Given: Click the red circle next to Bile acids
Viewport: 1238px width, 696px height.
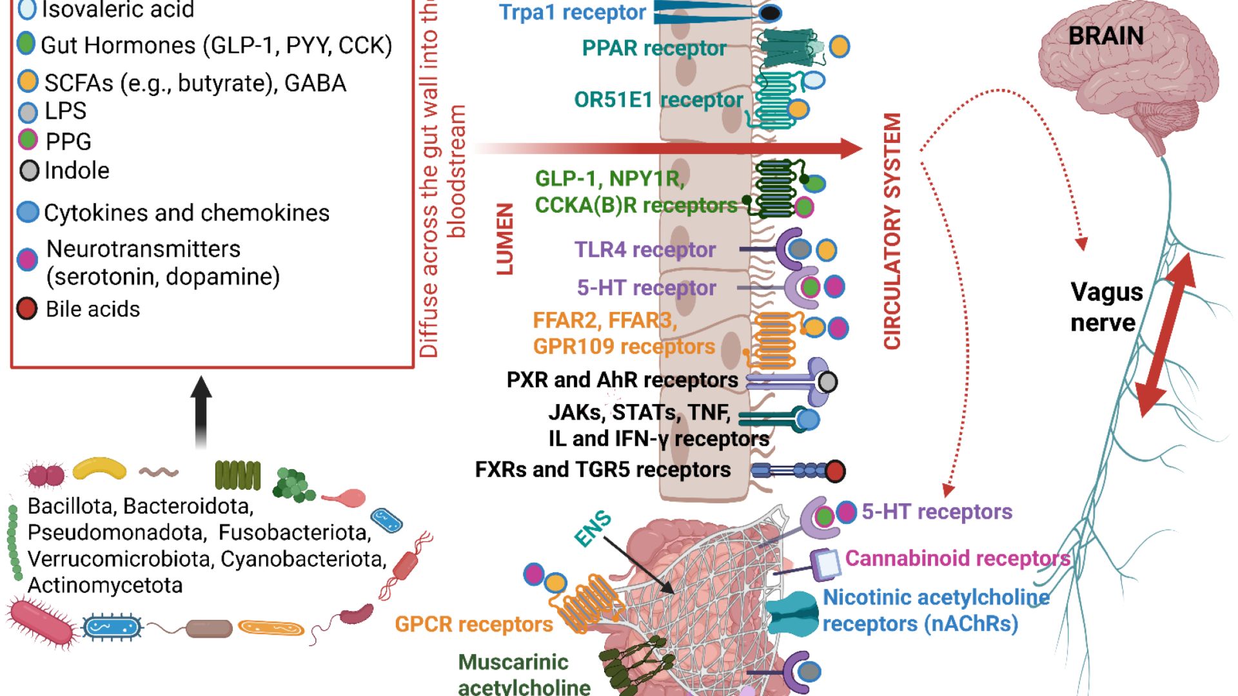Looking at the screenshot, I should pos(27,309).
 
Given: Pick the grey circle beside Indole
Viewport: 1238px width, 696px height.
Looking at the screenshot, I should pos(30,171).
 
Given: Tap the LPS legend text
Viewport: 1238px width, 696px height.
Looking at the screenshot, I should pos(65,111).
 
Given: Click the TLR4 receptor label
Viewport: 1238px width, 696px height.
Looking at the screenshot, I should pos(645,249).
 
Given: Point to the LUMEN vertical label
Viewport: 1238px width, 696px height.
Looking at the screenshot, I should pos(505,239).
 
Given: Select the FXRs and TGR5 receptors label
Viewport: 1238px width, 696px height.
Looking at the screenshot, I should pos(603,469).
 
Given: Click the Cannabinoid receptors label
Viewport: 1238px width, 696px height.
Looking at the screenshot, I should pos(958,558).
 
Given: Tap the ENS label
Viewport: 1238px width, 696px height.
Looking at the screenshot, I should pos(593,528).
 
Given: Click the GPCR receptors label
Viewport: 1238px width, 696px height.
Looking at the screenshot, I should pos(474,624).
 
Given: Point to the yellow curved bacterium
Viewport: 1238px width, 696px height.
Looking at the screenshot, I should pos(99,469).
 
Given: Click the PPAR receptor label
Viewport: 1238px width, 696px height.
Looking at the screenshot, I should pos(654,48).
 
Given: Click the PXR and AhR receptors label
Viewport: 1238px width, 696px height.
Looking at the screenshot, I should pos(622,380).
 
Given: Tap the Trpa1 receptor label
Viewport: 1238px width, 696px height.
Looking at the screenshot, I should pos(572,12).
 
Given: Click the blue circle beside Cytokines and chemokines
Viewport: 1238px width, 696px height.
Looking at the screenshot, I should pos(28,212).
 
